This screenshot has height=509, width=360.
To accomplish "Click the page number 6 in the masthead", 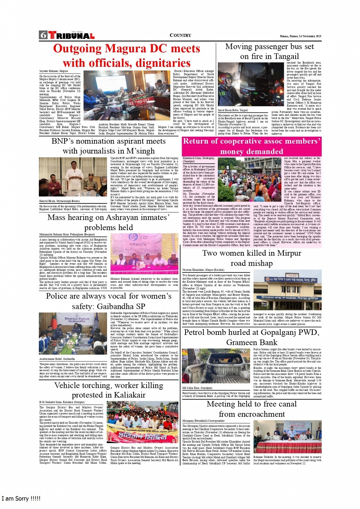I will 43,35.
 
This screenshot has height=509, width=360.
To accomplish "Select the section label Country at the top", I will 180,35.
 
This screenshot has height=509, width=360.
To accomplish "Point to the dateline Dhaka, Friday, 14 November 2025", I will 300,36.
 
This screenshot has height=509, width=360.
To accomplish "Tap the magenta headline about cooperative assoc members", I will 251,146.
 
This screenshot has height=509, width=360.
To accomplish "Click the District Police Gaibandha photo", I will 73,334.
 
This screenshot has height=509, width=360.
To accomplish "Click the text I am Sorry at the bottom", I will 21,499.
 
